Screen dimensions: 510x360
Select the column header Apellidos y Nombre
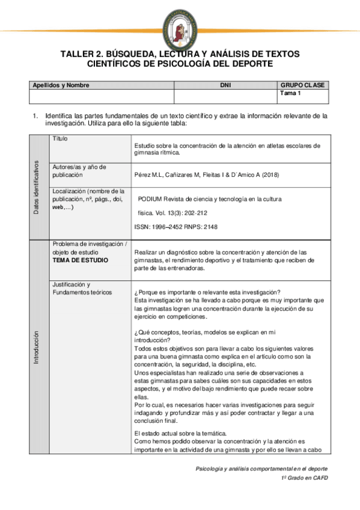60,85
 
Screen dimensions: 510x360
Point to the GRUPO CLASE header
302,85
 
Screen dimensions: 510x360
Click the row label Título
60,138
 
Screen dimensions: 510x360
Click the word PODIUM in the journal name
152,198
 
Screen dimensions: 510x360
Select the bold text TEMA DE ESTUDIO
80,261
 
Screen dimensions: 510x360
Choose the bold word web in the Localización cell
58,207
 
